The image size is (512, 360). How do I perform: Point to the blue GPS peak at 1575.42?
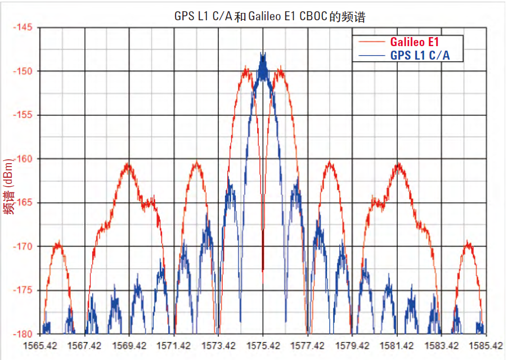[263, 55]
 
